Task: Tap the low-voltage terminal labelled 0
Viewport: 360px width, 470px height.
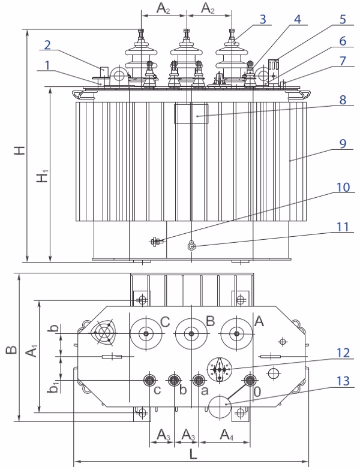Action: tap(250, 380)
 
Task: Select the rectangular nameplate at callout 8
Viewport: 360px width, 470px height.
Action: tap(190, 113)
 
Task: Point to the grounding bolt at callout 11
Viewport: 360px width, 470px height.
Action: tap(191, 245)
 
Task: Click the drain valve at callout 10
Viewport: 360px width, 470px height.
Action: tap(155, 242)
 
